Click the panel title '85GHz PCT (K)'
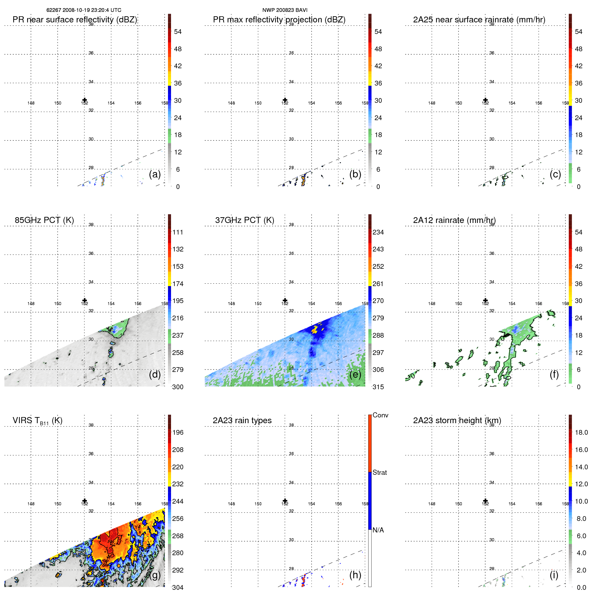coord(44,220)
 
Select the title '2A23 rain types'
coord(242,420)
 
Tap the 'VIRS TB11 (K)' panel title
coord(37,421)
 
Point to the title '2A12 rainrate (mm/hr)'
coord(454,220)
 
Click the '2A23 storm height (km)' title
coord(457,420)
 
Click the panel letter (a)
coord(155,174)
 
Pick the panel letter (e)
coord(355,374)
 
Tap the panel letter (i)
coord(554,575)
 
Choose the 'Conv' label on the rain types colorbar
coord(380,415)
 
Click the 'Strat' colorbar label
coord(380,472)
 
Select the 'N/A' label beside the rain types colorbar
coord(378,530)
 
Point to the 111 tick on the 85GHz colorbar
coord(178,232)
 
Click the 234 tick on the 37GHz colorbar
coord(378,232)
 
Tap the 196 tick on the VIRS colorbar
coord(178,432)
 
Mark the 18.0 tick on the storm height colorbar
coord(581,432)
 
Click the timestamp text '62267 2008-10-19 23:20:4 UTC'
coord(84,10)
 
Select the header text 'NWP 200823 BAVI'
coord(285,10)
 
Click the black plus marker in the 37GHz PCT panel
coord(285,300)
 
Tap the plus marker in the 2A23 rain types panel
coord(285,501)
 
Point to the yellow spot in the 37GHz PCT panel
coord(316,328)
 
